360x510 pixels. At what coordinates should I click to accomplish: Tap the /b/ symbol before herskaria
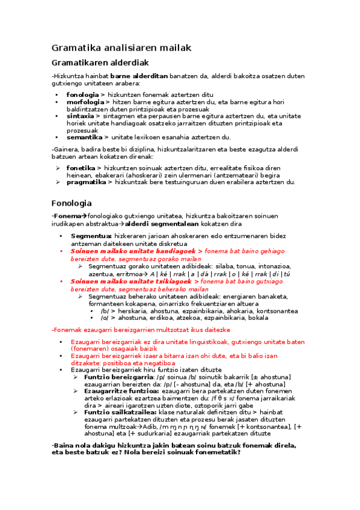coord(105,311)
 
